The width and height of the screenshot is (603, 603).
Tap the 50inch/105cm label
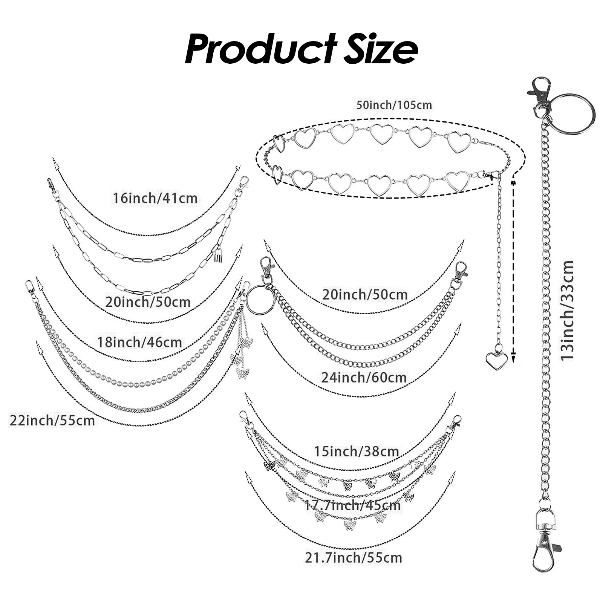(x=394, y=105)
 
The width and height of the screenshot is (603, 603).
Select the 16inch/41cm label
(x=155, y=198)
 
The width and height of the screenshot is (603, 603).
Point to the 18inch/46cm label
(x=139, y=342)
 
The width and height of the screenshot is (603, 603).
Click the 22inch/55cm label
(x=52, y=420)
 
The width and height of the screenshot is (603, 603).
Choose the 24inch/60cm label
(x=364, y=377)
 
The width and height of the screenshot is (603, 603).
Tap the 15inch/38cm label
(x=356, y=451)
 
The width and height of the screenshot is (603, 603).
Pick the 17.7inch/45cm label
(x=353, y=505)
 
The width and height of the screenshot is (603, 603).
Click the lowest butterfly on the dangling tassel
(x=241, y=373)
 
